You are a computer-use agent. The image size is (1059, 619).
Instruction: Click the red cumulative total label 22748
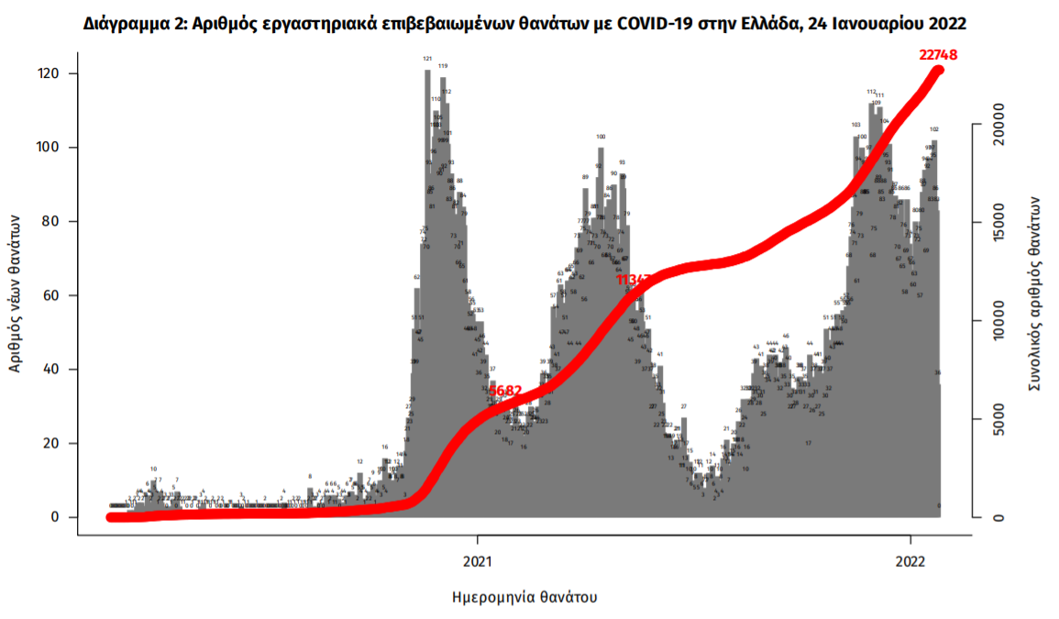coord(938,55)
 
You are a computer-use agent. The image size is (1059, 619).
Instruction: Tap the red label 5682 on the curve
coord(505,391)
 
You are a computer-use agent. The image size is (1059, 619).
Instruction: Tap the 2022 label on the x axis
coord(910,558)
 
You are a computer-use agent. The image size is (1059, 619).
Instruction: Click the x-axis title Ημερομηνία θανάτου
coord(524,597)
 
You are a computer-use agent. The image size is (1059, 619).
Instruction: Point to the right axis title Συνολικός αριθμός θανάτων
coord(1035,293)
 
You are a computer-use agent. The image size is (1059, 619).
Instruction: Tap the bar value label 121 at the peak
coord(427,59)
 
